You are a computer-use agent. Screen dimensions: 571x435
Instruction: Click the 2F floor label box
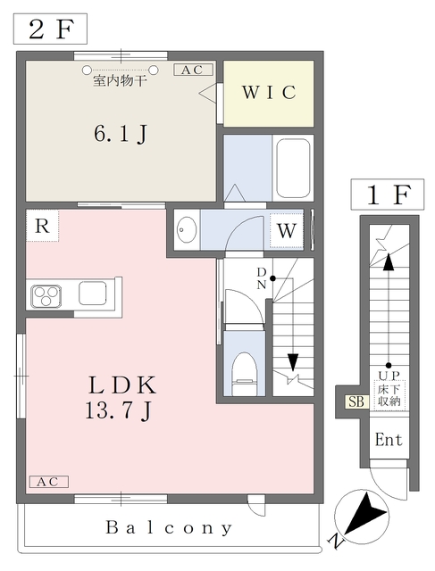coord(50,29)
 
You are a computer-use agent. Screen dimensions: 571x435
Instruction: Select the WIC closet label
coord(267,93)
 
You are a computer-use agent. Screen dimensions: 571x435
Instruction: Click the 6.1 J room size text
coord(121,135)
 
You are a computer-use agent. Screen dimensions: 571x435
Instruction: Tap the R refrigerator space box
coord(42,227)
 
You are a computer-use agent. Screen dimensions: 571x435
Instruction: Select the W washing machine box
coord(286,230)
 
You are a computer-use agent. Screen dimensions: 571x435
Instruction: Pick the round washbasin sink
coord(187,230)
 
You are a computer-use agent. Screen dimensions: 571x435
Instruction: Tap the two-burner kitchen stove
coord(46,294)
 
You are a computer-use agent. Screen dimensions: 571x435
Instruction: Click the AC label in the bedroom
coord(193,70)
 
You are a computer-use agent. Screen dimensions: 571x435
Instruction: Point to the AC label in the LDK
coord(47,482)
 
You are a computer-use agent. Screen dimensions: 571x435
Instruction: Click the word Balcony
coord(170,527)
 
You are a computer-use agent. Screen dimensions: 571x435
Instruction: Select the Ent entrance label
coord(388,440)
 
